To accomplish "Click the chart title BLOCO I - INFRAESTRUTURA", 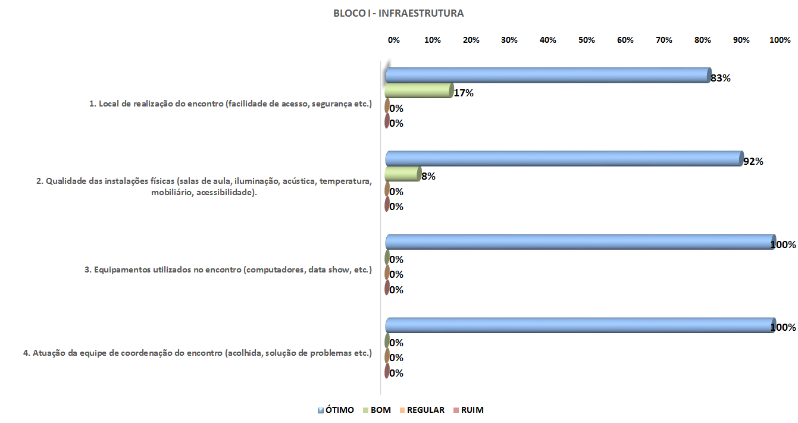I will point(399,13).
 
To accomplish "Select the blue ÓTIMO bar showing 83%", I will point(547,76).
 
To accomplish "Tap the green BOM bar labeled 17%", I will point(419,90).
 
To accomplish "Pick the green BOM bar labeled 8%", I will point(403,174).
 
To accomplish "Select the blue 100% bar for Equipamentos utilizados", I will point(580,242).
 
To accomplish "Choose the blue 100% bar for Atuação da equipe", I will point(580,325).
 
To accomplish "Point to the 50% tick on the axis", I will point(587,40).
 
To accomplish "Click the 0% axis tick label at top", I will point(394,40).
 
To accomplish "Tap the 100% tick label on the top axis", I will point(780,40).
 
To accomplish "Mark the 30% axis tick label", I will point(509,40).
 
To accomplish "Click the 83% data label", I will point(720,78).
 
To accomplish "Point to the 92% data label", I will point(753,161).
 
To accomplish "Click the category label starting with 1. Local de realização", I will point(230,104).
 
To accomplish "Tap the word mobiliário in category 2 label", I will point(171,193).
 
